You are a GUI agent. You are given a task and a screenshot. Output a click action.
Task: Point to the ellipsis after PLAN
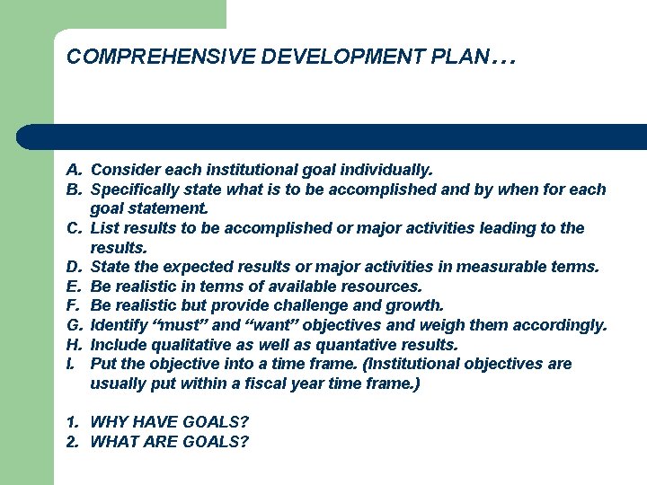[504, 59]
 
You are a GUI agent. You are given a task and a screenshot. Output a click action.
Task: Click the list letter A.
[74, 170]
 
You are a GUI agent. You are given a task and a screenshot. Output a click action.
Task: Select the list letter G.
[74, 325]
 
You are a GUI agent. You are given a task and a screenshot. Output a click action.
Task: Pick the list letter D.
[74, 267]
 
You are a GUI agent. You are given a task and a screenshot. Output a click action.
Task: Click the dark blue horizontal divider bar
[332, 137]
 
